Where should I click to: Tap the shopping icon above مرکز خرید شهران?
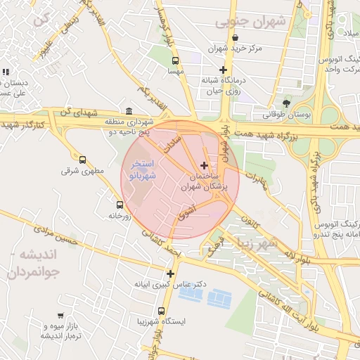(x=234, y=38)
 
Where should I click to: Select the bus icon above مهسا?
(x=175, y=60)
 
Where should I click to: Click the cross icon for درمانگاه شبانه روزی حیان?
(x=224, y=70)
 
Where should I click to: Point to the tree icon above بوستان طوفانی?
(x=285, y=103)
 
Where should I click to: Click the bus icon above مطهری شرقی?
(x=83, y=160)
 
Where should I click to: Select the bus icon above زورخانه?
(x=119, y=205)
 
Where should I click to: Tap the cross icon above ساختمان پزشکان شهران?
(x=204, y=165)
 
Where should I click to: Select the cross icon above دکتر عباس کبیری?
(x=169, y=273)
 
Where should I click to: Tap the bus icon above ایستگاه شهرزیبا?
(x=162, y=310)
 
